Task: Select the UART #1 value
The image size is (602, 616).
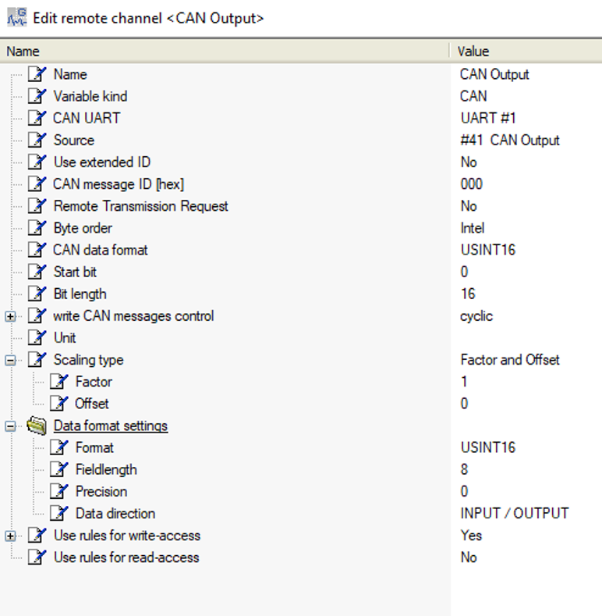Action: tap(488, 118)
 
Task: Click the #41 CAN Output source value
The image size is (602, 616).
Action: tap(510, 141)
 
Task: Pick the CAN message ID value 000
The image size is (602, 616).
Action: tap(471, 183)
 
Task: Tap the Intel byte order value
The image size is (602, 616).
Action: tap(473, 228)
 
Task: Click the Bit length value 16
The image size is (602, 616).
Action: tap(468, 294)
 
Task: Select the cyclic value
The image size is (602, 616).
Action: tap(476, 316)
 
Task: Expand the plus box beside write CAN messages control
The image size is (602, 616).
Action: tap(11, 316)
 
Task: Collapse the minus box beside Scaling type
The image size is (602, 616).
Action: tap(11, 360)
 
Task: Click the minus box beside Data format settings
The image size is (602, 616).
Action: tap(11, 426)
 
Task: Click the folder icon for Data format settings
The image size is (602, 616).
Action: tap(37, 426)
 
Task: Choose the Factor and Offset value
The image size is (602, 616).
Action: tap(510, 360)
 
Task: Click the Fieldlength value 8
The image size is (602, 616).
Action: tap(464, 469)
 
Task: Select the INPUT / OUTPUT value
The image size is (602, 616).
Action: tap(515, 513)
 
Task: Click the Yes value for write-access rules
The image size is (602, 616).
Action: tap(471, 536)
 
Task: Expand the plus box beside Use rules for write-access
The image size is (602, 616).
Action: tap(11, 536)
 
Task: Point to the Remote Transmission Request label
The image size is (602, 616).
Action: tap(141, 206)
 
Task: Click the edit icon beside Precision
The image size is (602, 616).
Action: tap(59, 491)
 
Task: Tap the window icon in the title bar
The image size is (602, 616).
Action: tap(17, 17)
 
